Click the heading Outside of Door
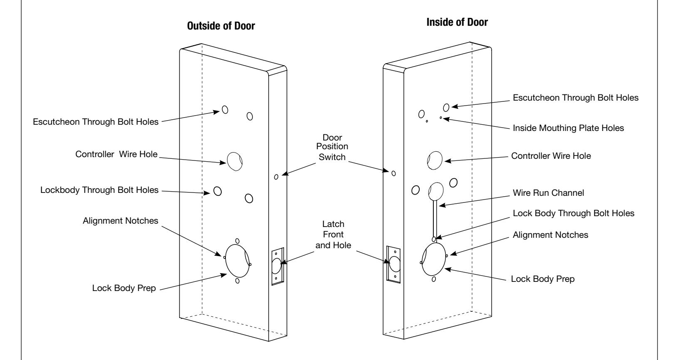(x=221, y=26)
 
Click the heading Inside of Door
(x=457, y=22)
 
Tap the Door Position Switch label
(x=332, y=147)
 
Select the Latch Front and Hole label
(x=333, y=235)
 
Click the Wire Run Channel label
(x=548, y=193)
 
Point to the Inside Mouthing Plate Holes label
(x=568, y=128)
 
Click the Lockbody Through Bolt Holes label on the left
(x=99, y=190)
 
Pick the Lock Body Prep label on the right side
(x=542, y=279)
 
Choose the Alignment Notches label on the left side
(x=120, y=221)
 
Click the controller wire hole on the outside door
(x=235, y=161)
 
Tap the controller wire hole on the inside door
(x=435, y=160)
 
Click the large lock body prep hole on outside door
(x=237, y=261)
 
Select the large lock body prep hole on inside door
(x=434, y=259)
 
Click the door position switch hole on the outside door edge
(x=276, y=177)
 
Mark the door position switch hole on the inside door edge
(x=393, y=173)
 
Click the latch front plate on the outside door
(x=277, y=266)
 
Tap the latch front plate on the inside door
(x=393, y=264)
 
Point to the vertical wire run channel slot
(x=435, y=219)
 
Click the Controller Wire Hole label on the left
(x=116, y=154)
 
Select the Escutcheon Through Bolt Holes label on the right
(x=576, y=98)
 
